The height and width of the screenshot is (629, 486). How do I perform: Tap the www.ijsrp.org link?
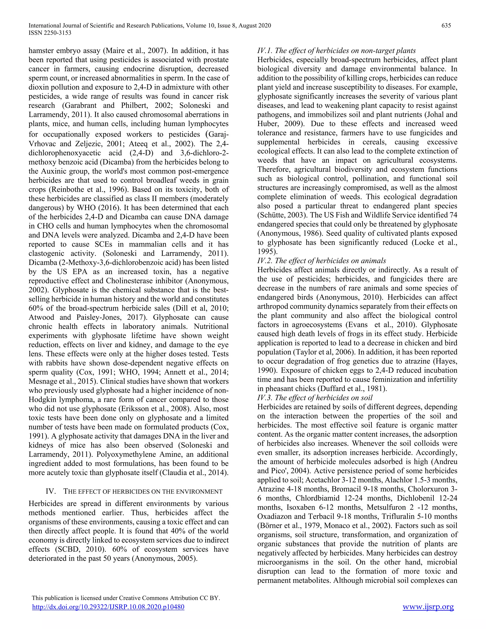(428, 607)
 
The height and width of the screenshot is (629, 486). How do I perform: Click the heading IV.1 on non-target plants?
(336, 51)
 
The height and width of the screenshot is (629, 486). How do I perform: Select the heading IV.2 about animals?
(321, 261)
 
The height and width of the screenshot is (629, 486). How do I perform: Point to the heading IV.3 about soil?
(315, 398)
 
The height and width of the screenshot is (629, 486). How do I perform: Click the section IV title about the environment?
(134, 492)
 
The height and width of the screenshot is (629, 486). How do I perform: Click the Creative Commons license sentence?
(126, 598)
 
